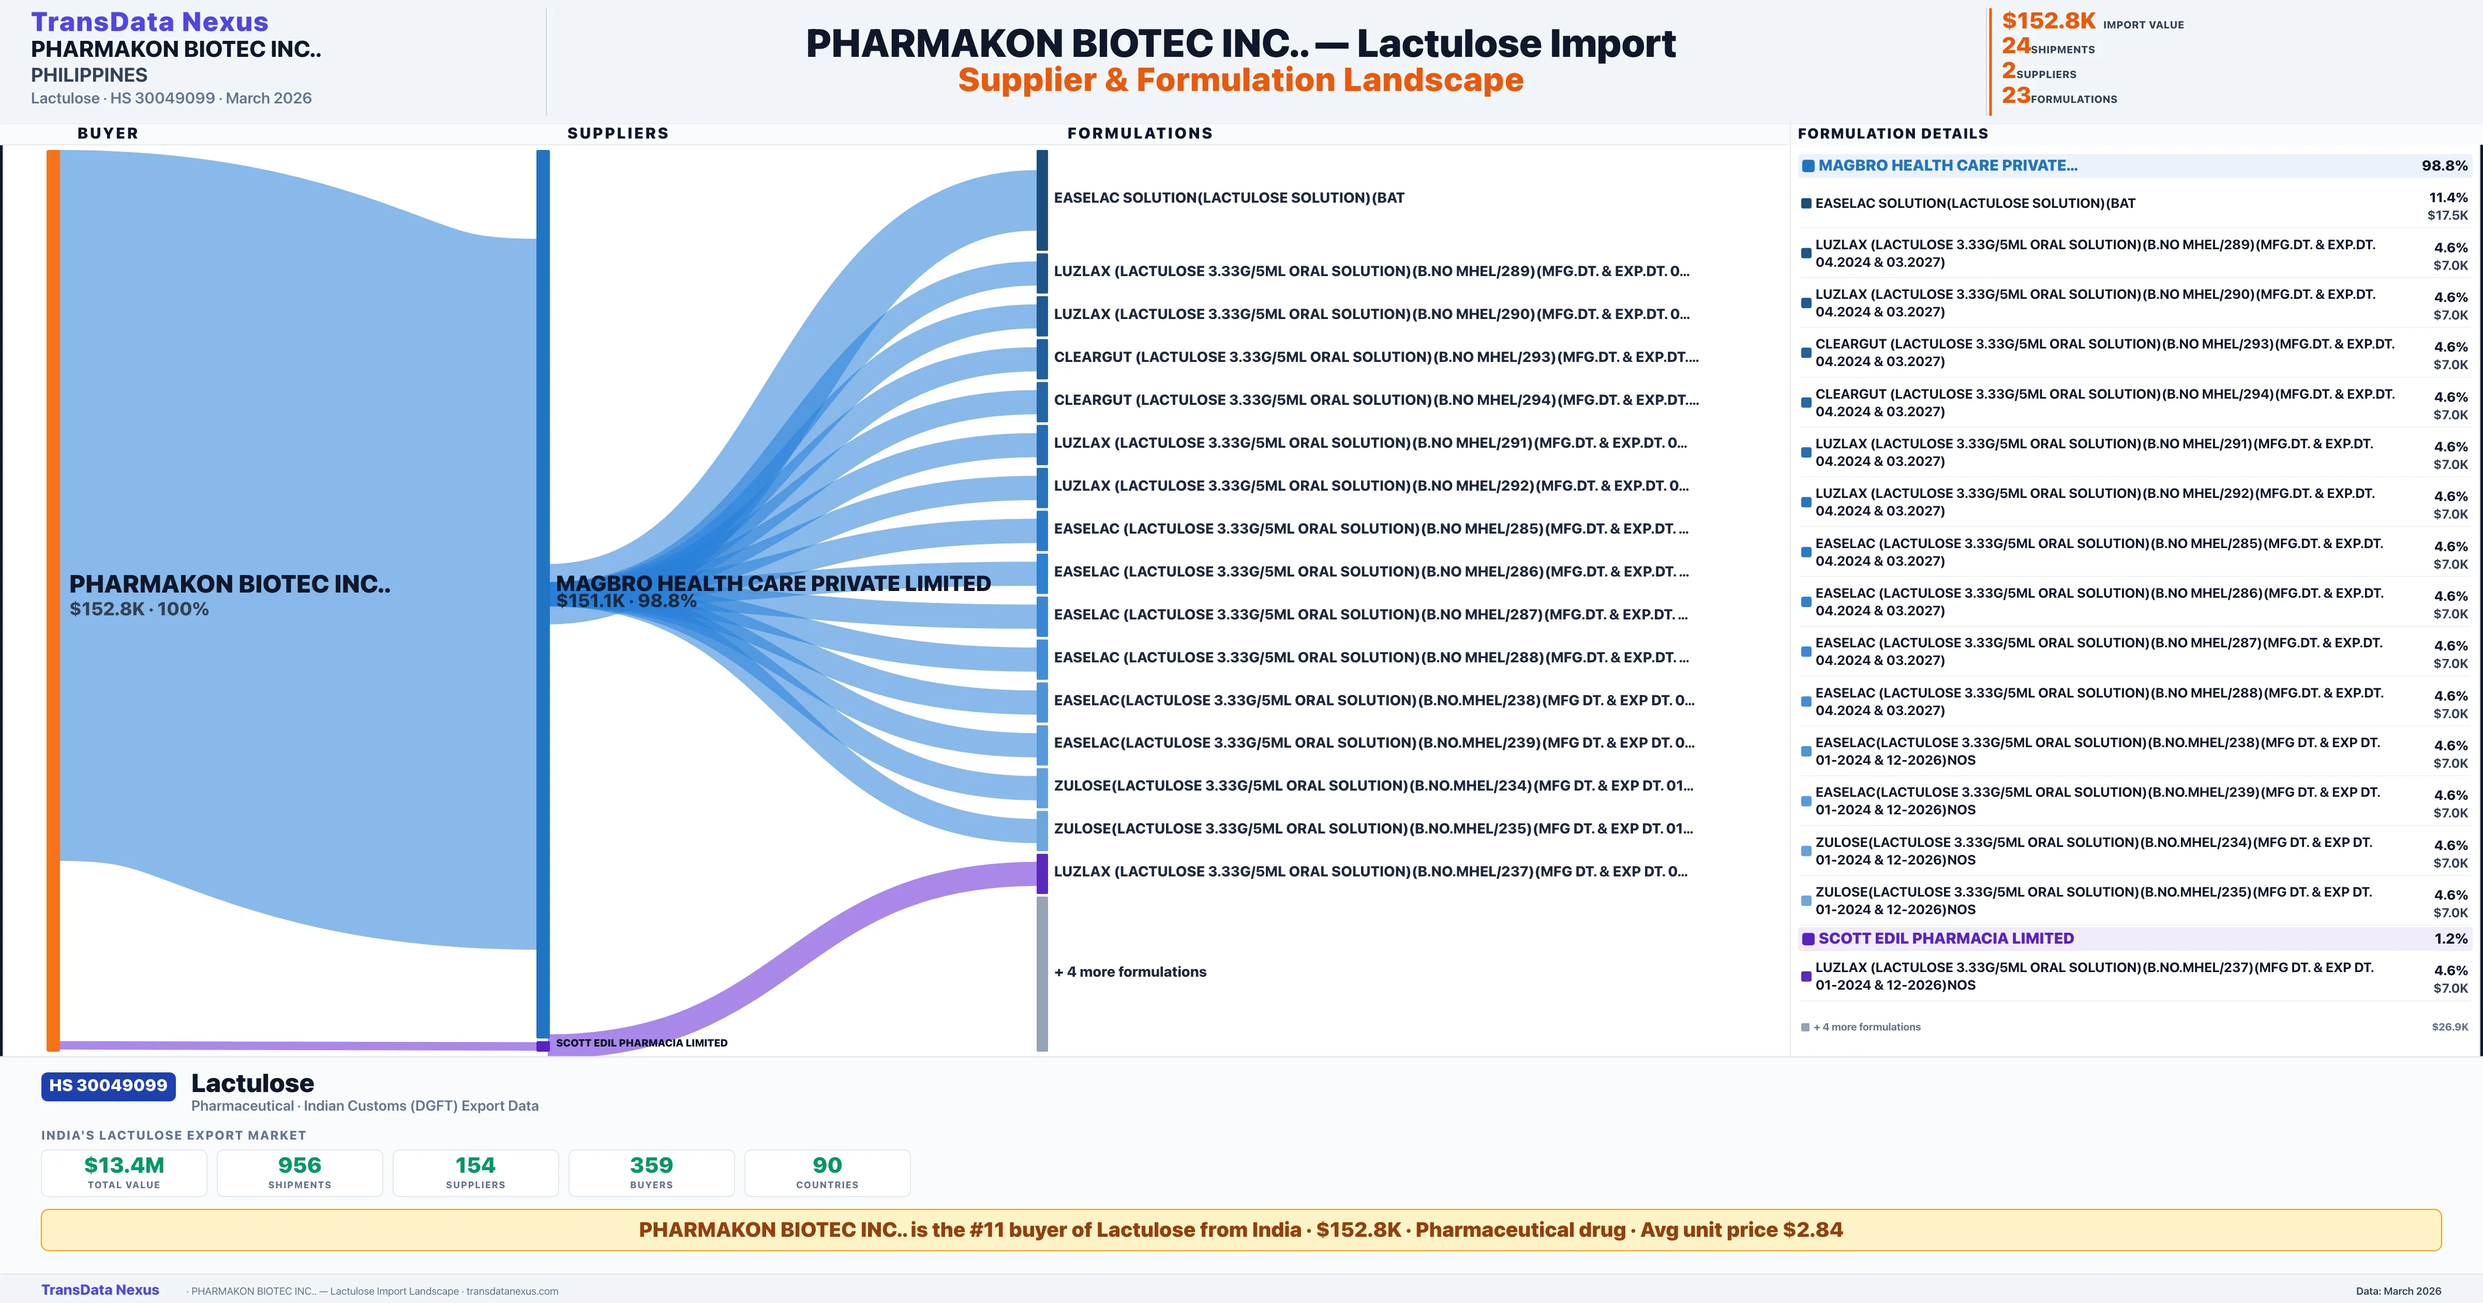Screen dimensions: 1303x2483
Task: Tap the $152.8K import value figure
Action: point(2048,21)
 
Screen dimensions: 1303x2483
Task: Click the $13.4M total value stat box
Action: point(124,1172)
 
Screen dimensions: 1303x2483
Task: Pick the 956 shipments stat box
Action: point(300,1172)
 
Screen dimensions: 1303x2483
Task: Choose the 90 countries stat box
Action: point(827,1172)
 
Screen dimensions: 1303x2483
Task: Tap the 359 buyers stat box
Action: point(652,1172)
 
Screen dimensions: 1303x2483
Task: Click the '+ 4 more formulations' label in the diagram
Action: point(1130,972)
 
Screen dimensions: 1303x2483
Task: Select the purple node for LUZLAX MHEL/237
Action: point(1042,873)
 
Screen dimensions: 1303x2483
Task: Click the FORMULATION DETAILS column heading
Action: point(1892,133)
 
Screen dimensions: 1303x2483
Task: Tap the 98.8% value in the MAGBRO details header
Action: point(2444,166)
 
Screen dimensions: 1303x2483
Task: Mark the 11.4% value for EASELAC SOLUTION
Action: point(2448,198)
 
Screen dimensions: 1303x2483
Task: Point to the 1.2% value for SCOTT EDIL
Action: point(2450,938)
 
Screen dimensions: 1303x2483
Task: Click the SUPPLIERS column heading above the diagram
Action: point(618,133)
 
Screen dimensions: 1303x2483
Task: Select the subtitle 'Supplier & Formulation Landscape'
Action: point(1240,80)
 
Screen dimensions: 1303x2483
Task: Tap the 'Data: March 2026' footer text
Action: point(2398,1291)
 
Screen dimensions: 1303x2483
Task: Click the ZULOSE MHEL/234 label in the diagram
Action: point(1372,785)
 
